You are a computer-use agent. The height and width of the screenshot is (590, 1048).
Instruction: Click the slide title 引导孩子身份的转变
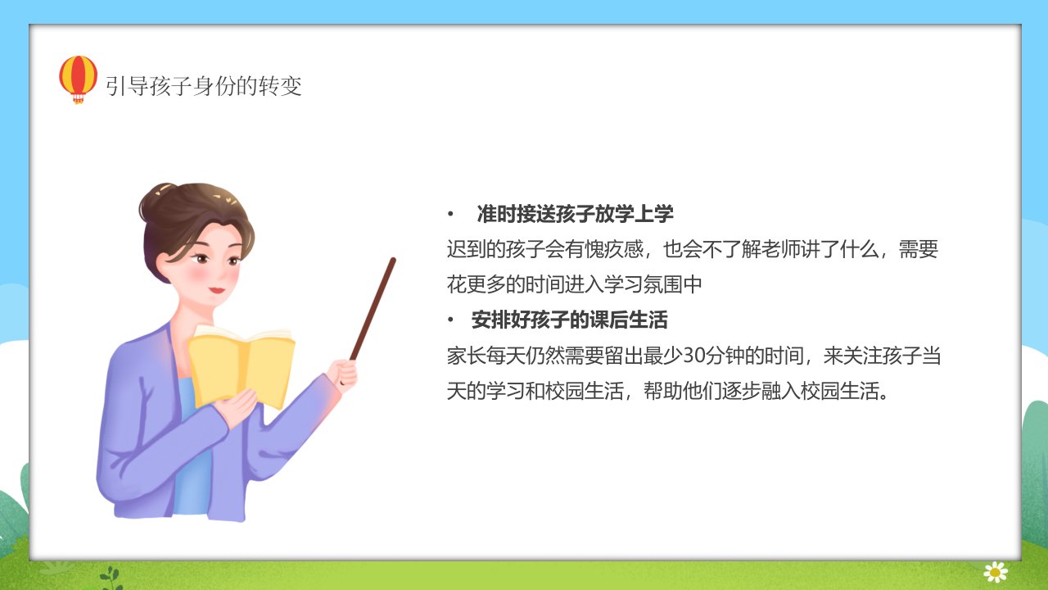204,86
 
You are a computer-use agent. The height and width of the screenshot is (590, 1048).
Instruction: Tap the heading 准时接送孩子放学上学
575,214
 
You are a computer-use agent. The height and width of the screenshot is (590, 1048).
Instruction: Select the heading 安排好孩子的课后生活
569,320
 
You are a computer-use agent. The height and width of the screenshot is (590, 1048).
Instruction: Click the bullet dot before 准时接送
450,215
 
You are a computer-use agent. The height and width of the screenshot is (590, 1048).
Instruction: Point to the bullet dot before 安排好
450,320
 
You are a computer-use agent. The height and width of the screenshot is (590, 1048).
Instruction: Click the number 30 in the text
693,356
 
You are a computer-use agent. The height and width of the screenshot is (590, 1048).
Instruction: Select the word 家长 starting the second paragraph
466,356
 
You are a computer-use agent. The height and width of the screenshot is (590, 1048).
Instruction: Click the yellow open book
242,365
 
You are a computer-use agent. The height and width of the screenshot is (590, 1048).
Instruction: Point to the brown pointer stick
373,309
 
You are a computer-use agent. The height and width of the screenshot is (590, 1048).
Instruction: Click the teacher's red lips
217,290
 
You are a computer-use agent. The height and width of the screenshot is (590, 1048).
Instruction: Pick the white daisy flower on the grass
996,572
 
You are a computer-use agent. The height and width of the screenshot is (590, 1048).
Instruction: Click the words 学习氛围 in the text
644,284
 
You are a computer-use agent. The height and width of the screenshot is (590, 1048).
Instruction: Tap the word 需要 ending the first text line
919,249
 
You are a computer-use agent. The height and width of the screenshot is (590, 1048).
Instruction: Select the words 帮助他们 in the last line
683,392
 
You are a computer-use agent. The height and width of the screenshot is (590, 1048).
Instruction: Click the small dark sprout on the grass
111,579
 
